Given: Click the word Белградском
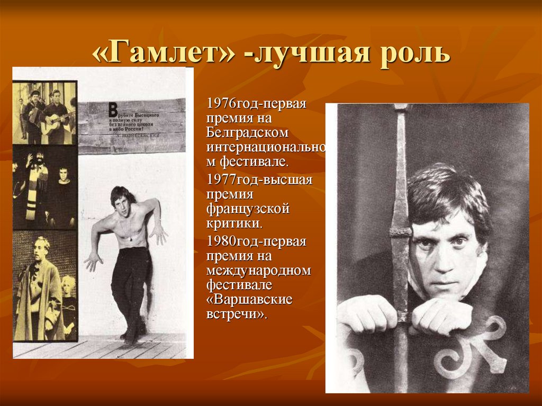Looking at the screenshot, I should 248,131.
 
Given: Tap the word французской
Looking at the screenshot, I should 248,209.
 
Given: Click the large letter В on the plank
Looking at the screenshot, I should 112,110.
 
